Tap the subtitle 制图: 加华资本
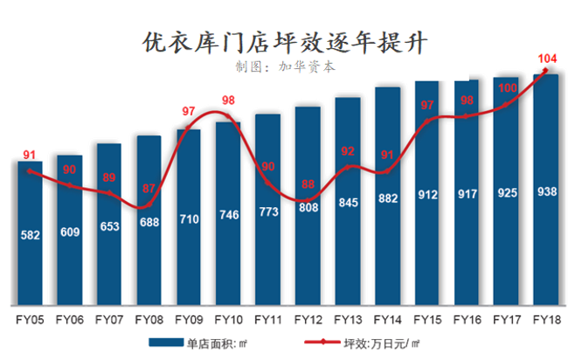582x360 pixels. (x=285, y=66)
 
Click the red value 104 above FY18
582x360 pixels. (x=547, y=59)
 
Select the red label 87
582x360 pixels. (x=149, y=188)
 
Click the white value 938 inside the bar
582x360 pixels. (x=547, y=191)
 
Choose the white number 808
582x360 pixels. (x=308, y=209)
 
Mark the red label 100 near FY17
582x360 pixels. (x=508, y=87)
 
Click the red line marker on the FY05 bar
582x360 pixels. (x=30, y=171)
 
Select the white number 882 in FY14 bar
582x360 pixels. (x=388, y=199)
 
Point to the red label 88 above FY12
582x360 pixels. (x=308, y=183)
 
